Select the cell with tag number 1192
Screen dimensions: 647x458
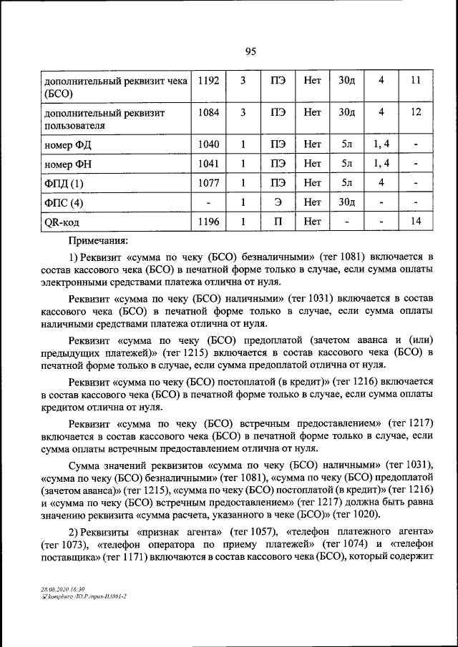click(x=208, y=81)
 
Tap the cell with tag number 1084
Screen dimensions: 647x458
click(x=208, y=112)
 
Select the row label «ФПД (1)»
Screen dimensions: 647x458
click(x=64, y=184)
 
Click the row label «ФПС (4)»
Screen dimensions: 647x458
click(x=64, y=203)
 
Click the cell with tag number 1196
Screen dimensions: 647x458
click(x=208, y=222)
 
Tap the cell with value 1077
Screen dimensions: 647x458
click(x=208, y=183)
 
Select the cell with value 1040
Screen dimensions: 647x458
click(x=208, y=144)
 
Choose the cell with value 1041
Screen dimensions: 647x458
click(x=208, y=164)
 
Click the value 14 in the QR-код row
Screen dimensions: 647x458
click(x=416, y=222)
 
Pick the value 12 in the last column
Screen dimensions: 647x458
click(x=416, y=112)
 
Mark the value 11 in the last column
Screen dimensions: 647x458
click(x=416, y=81)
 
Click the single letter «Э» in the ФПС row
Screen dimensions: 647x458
click(x=278, y=202)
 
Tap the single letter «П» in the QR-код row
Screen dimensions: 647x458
click(x=278, y=222)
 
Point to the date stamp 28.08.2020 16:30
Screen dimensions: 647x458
click(x=63, y=588)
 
